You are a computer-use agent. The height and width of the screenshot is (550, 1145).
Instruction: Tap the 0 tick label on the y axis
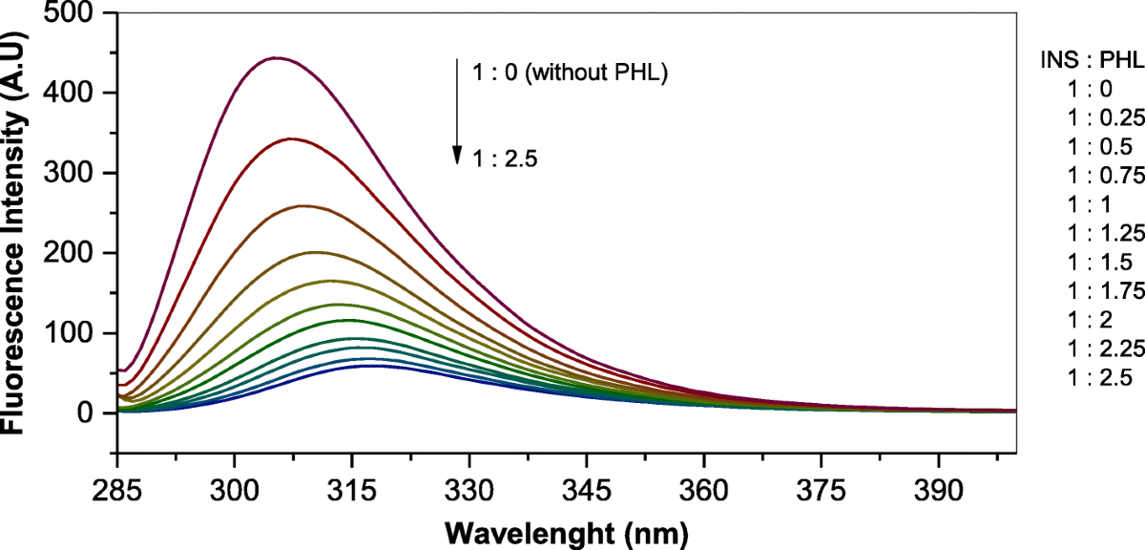pos(95,413)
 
